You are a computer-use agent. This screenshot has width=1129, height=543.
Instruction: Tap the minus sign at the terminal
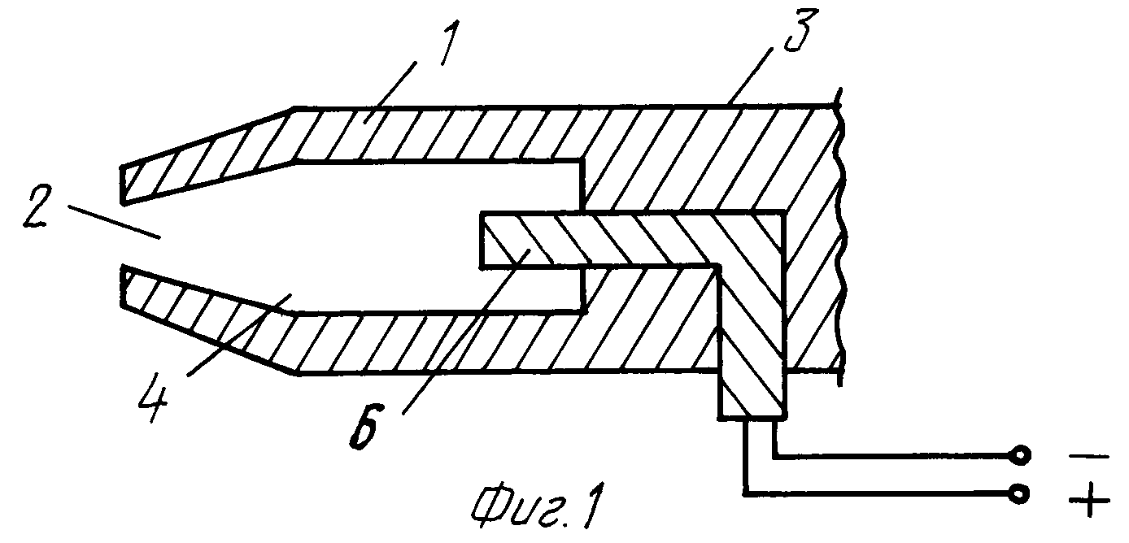click(1088, 457)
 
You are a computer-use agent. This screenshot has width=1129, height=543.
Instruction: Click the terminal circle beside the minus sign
click(1019, 456)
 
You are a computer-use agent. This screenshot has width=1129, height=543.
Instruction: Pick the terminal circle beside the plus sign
click(1019, 493)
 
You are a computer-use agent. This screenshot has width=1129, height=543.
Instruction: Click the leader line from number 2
click(113, 221)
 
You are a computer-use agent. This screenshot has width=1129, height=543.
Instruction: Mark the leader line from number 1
click(390, 91)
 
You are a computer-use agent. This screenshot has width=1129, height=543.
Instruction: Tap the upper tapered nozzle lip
click(207, 157)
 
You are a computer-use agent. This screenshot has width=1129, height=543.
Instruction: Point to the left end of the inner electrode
click(482, 238)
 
